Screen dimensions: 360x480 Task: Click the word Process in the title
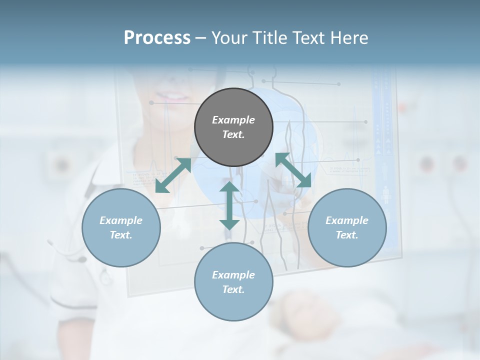[x=157, y=38]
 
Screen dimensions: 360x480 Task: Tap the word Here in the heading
[x=348, y=38]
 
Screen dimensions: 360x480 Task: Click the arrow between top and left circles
[x=173, y=175]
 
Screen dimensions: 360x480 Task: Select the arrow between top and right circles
[x=293, y=170]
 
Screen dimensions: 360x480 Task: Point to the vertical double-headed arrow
[x=229, y=206]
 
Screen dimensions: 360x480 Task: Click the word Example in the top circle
[x=233, y=120]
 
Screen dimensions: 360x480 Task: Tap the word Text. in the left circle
[x=121, y=235]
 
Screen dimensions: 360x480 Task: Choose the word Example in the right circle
[x=347, y=220]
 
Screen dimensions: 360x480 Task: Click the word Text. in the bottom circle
[x=233, y=289]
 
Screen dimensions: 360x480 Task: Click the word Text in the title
[x=305, y=38]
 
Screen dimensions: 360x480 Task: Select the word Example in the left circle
[x=121, y=220]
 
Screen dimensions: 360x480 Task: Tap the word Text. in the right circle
[x=347, y=235]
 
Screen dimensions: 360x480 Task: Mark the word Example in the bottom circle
[x=233, y=275]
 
